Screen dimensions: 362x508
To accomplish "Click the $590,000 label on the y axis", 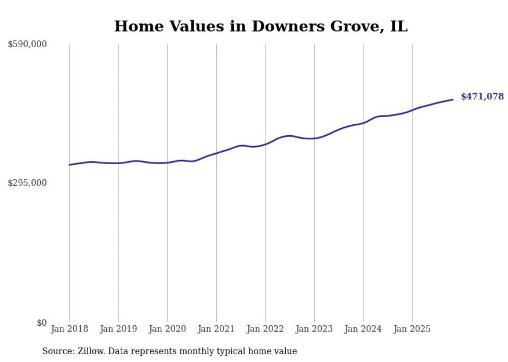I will tap(27, 45).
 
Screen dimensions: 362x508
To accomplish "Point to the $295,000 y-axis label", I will tap(27, 183).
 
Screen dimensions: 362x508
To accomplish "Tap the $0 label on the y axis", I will tap(41, 323).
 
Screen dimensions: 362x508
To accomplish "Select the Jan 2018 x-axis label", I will tap(69, 329).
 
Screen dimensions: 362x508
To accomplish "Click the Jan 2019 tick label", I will tap(118, 329).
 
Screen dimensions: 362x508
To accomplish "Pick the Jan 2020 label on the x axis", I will tap(167, 329).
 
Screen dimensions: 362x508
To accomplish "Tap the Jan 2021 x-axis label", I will tap(216, 329).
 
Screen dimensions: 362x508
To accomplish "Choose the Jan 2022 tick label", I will tap(265, 329).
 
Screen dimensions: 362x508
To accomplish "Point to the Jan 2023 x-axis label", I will tap(314, 329).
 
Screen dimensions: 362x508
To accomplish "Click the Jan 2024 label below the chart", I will tap(363, 329).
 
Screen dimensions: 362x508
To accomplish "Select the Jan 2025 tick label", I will tap(412, 329).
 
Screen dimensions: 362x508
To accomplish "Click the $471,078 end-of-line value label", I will tap(482, 96).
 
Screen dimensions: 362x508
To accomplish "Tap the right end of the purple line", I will tap(453, 99).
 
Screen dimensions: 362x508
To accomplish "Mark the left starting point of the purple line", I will tap(69, 165).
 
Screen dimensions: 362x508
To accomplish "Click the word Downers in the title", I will tap(285, 26).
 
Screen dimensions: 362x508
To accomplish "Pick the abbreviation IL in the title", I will tap(399, 26).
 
